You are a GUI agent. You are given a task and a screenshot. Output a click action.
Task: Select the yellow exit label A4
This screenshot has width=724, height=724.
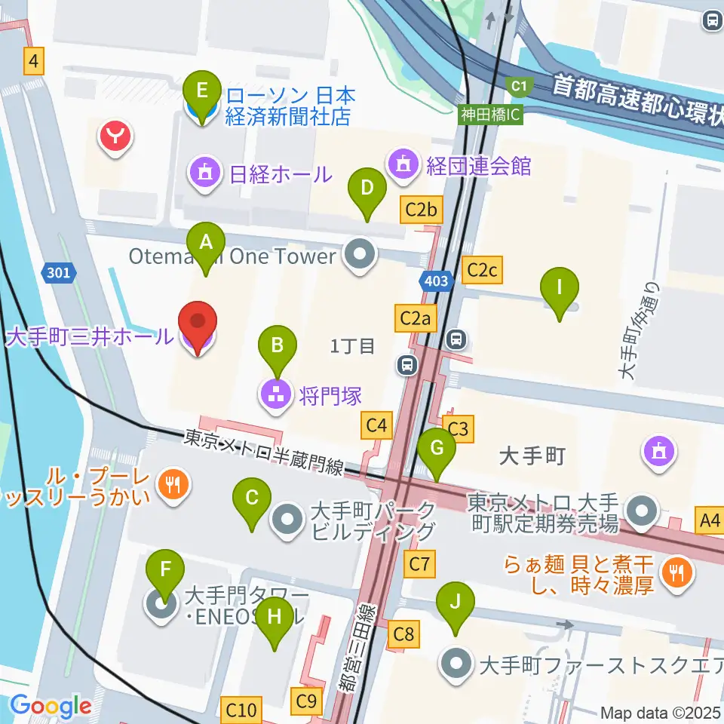pos(710,520)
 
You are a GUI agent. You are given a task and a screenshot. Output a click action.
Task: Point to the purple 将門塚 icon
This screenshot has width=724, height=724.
pos(277,394)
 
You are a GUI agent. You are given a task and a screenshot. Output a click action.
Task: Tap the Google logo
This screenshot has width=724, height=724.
pos(51,707)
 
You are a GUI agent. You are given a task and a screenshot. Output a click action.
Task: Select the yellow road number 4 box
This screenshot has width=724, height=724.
pos(33,60)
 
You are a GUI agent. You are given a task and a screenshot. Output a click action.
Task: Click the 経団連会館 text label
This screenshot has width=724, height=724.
pos(477,164)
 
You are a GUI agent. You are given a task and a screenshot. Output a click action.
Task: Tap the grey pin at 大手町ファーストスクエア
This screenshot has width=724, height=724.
pos(456,665)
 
